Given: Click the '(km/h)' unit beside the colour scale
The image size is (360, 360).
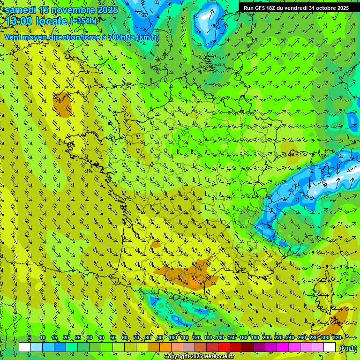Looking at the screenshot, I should coord(347,348).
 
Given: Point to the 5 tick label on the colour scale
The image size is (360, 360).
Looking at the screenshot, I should coord(30,337).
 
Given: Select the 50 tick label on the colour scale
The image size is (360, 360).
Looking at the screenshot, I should coord(112,337).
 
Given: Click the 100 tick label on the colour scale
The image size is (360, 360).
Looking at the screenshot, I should coord(172,337).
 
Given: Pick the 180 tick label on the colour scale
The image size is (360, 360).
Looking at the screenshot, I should coord(255,337).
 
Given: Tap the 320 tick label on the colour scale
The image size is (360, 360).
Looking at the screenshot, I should coord(337,337).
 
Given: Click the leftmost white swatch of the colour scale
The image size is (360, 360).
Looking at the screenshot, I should coord(25,347).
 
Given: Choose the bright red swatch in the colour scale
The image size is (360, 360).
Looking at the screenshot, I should coord(224,347).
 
